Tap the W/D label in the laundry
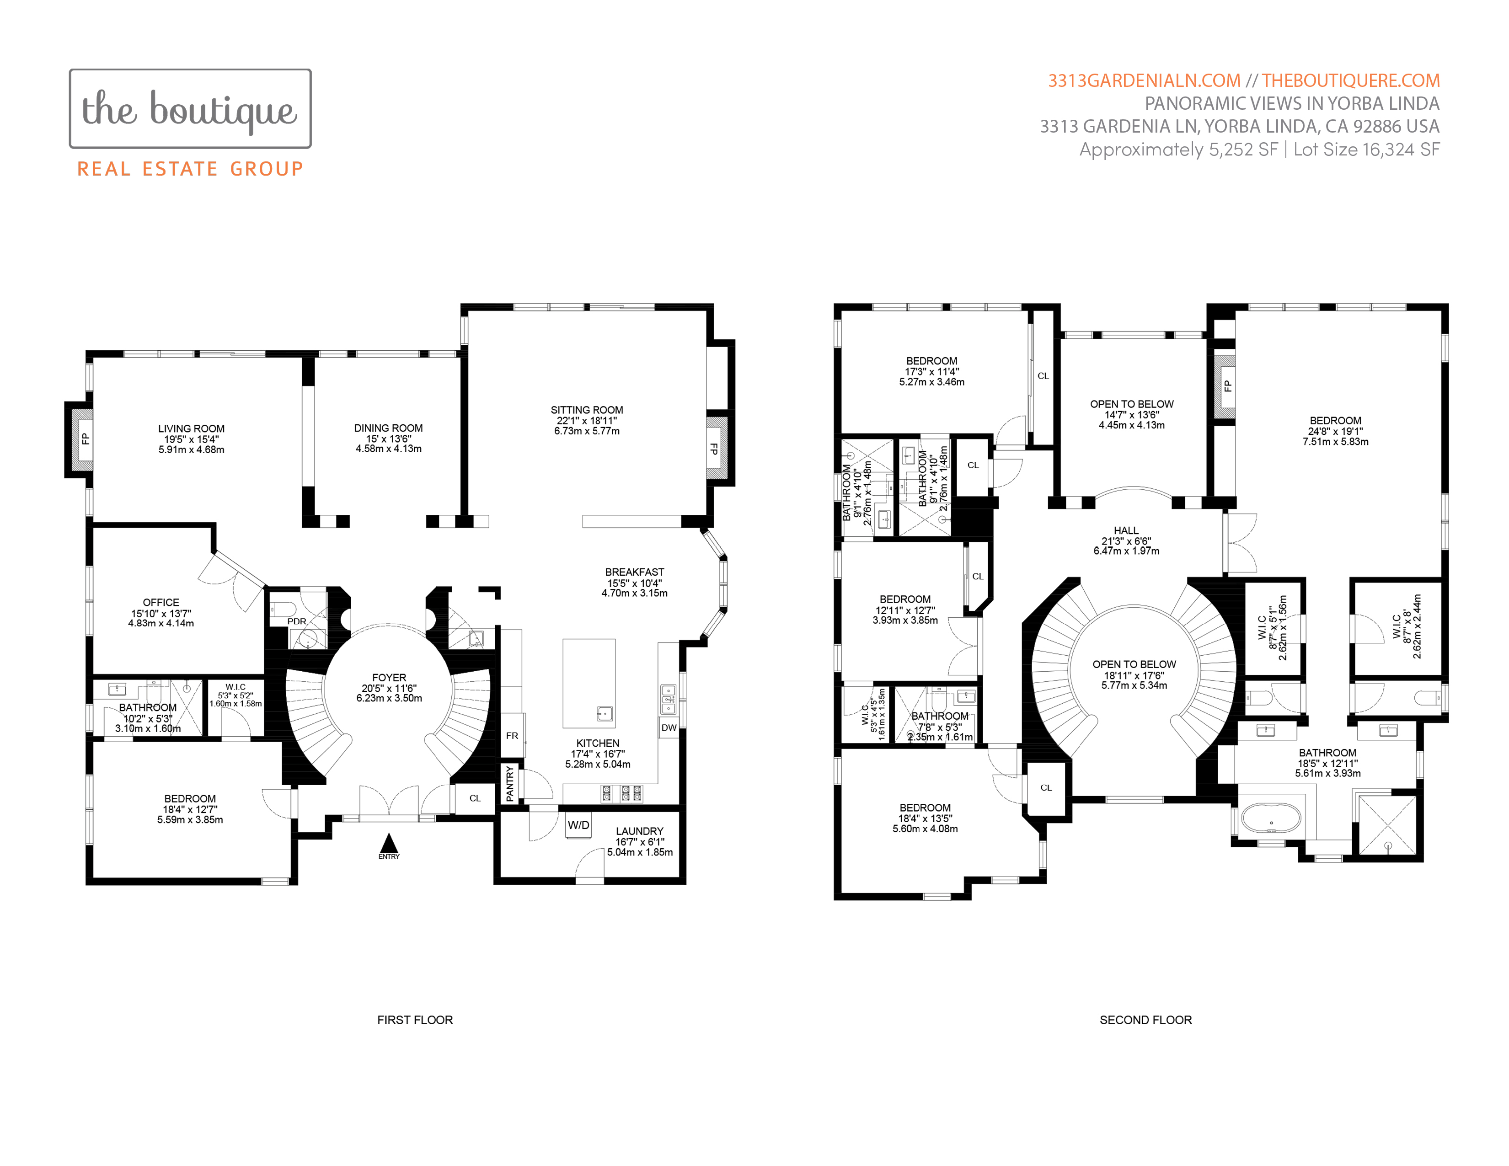tap(578, 825)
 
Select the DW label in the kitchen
tap(669, 727)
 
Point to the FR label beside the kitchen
tap(512, 736)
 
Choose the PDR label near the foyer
tap(297, 621)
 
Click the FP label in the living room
tap(85, 439)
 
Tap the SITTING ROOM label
tap(587, 410)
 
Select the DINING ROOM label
tap(388, 428)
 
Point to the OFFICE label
tap(161, 602)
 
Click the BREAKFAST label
tap(634, 572)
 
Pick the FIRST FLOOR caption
tap(415, 1020)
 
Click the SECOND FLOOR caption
tap(1145, 1020)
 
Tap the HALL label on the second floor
tap(1126, 530)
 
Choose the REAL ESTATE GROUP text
tap(190, 169)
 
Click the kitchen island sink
tap(605, 714)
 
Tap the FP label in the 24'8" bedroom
tap(1227, 386)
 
